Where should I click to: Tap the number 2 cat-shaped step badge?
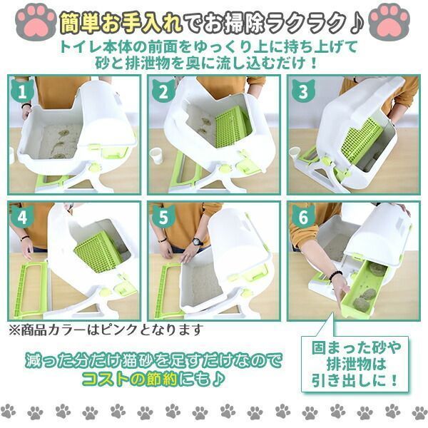coord(163,90)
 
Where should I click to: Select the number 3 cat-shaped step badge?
coord(303,90)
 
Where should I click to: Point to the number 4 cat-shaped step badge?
coord(22,216)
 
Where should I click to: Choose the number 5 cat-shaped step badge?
coord(163,217)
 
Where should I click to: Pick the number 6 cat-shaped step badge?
coord(303,217)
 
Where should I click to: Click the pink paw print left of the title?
coord(36,21)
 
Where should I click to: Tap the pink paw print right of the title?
coord(389,21)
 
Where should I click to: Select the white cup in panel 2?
coord(158,156)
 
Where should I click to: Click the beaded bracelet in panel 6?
coord(336,275)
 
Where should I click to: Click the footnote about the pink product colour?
coord(106,330)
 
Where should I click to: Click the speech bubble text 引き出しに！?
coord(355,380)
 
